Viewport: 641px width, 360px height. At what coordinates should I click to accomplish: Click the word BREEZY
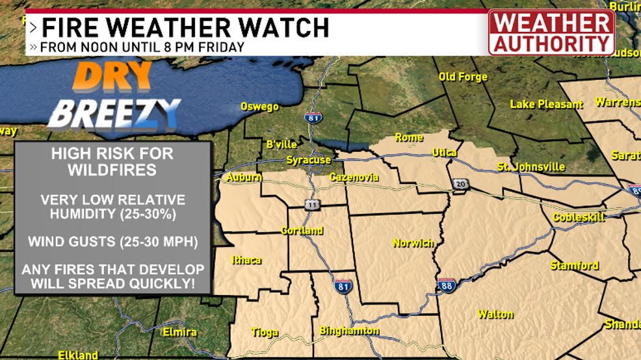pyautogui.click(x=114, y=113)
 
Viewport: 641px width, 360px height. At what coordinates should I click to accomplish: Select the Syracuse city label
pyautogui.click(x=309, y=160)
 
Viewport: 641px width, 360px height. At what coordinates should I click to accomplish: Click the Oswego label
pyautogui.click(x=259, y=107)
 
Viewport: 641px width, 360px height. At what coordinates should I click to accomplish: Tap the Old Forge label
pyautogui.click(x=463, y=77)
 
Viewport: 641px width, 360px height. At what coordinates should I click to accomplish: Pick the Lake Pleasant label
pyautogui.click(x=546, y=104)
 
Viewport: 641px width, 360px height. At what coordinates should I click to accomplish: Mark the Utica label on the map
pyautogui.click(x=445, y=153)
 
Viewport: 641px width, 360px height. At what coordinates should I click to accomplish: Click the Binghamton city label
pyautogui.click(x=349, y=331)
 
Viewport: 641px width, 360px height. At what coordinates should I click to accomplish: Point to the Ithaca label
pyautogui.click(x=246, y=260)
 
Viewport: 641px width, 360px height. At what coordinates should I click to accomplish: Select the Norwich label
pyautogui.click(x=413, y=243)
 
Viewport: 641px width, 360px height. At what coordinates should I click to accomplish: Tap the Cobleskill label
pyautogui.click(x=579, y=217)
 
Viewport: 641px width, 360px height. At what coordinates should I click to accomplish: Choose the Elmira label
pyautogui.click(x=180, y=332)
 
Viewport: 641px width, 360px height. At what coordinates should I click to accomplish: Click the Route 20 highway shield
pyautogui.click(x=460, y=184)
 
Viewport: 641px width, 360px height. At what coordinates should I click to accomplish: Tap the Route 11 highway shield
pyautogui.click(x=313, y=205)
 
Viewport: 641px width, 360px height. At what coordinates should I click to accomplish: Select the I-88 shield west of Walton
pyautogui.click(x=446, y=285)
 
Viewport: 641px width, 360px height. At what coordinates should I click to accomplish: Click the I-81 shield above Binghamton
pyautogui.click(x=343, y=286)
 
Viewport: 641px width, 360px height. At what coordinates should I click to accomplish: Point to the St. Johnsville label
pyautogui.click(x=530, y=167)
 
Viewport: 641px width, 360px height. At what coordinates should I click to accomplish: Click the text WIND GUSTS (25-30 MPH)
pyautogui.click(x=112, y=242)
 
